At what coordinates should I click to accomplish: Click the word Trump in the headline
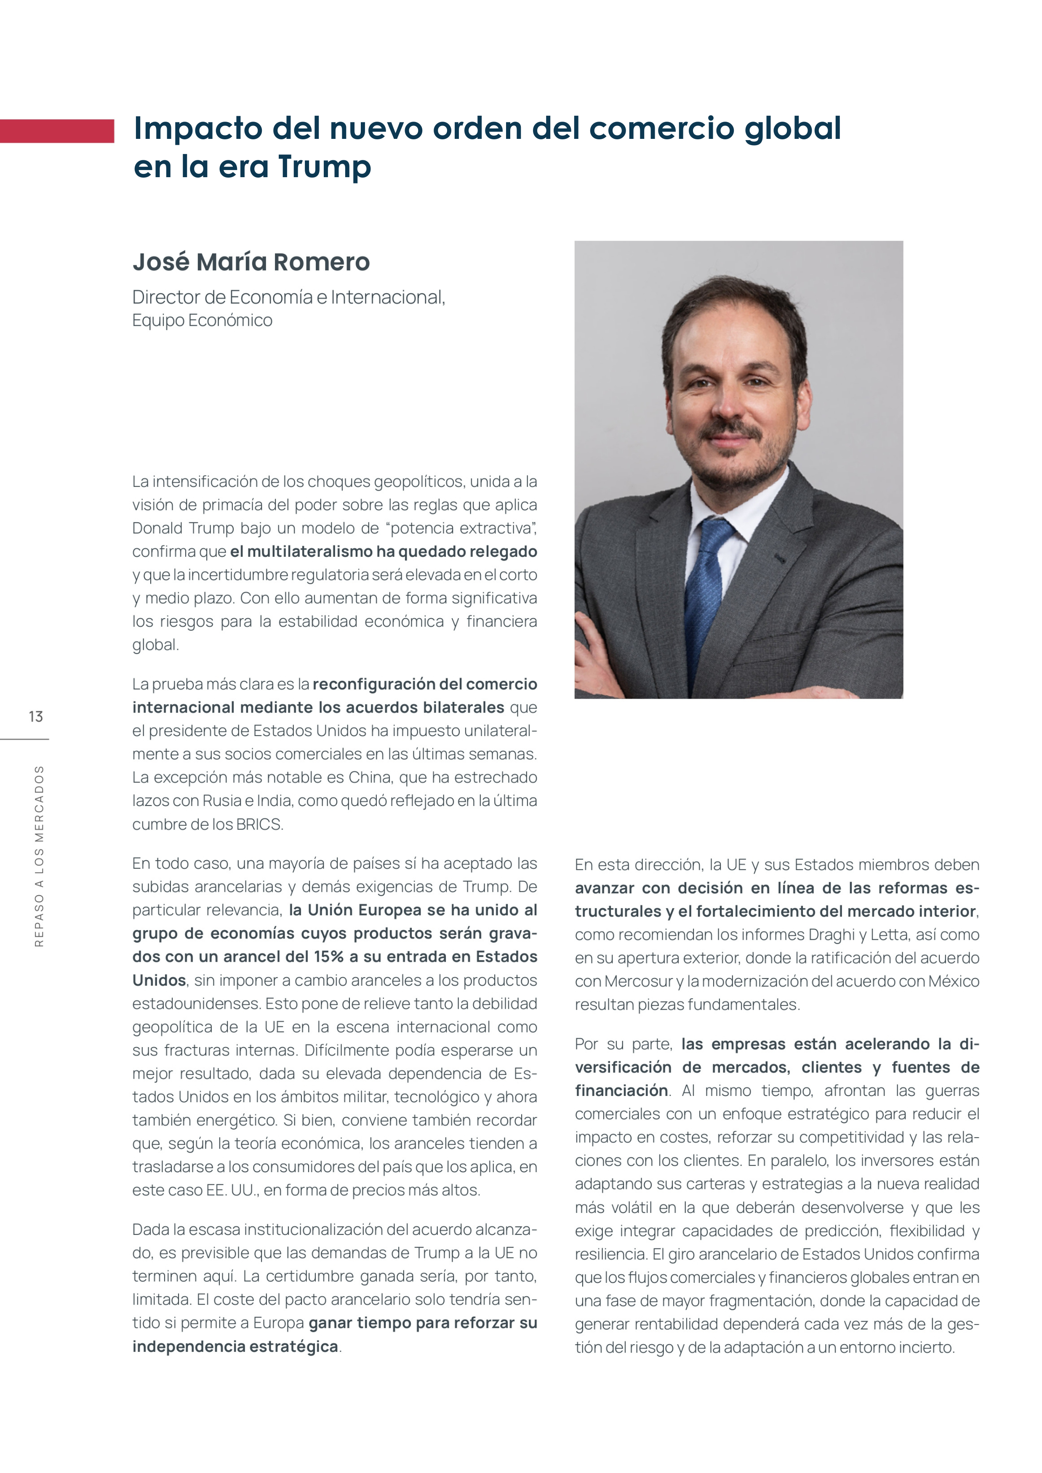(x=324, y=167)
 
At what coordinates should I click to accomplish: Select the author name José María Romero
(x=251, y=262)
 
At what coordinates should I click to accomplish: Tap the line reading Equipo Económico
(x=202, y=320)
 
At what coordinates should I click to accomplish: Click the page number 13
(x=36, y=717)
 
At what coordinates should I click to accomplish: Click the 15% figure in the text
(x=328, y=957)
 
